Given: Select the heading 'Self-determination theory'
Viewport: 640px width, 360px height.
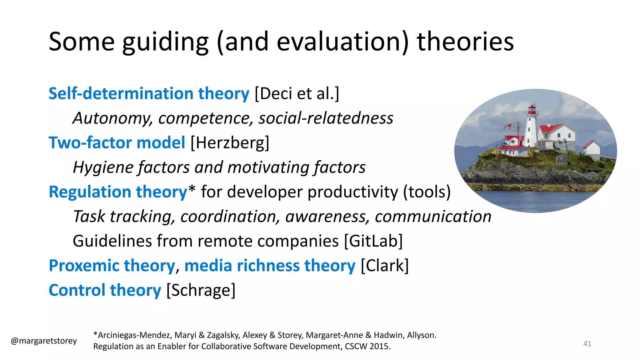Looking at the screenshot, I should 149,93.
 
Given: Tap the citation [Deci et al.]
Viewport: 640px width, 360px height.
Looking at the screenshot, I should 297,93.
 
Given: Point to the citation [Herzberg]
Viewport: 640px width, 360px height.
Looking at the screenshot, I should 230,143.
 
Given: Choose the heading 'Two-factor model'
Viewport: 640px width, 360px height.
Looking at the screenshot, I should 117,143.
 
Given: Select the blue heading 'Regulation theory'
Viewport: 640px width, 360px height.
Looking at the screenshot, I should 118,192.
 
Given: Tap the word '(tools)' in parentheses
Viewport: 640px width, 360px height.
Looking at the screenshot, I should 427,192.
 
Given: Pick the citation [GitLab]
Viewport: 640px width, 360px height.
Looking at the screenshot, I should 373,241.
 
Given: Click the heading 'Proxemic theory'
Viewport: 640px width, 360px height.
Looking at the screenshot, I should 112,266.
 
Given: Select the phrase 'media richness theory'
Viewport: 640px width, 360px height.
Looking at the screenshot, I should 270,266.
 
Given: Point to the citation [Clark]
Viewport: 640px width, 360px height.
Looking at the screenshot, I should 385,266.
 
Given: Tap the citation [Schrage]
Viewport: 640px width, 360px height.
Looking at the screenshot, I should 201,290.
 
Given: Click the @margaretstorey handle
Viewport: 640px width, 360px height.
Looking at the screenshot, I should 44,341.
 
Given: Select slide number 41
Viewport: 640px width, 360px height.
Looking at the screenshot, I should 587,344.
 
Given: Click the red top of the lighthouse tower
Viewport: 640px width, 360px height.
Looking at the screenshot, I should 532,109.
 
